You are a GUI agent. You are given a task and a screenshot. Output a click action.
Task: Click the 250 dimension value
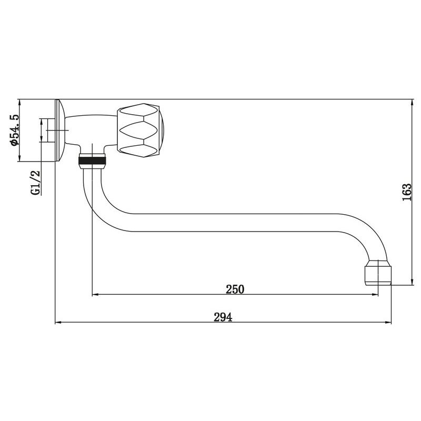pyautogui.click(x=235, y=289)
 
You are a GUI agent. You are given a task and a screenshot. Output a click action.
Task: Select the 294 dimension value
pyautogui.click(x=223, y=317)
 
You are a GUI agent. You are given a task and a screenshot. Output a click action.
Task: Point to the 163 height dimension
pyautogui.click(x=406, y=192)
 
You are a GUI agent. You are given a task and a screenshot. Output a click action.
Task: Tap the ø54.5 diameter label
pyautogui.click(x=15, y=130)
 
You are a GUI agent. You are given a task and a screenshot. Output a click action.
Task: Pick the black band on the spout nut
pyautogui.click(x=92, y=161)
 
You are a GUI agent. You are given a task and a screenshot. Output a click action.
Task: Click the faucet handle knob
pyautogui.click(x=140, y=130)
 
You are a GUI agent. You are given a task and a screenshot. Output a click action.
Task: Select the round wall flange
pyautogui.click(x=59, y=131)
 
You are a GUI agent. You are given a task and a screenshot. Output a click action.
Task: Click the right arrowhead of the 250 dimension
pyautogui.click(x=375, y=295)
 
